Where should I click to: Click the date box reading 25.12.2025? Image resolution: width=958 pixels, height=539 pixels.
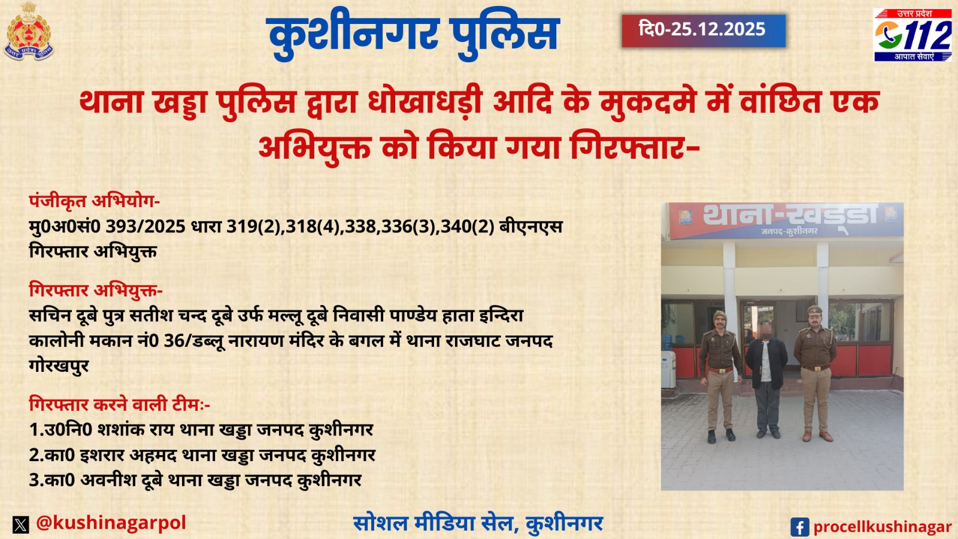703,31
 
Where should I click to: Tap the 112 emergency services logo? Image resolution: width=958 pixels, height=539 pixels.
912,35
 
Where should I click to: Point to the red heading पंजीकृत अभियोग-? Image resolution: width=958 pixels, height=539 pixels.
94,201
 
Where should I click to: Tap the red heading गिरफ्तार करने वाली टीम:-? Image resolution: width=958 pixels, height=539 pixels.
119,404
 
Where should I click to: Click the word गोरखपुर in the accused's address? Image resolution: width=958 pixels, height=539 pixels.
59,365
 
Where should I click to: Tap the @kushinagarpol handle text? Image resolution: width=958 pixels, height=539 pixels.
111,523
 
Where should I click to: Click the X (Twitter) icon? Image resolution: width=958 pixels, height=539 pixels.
21,525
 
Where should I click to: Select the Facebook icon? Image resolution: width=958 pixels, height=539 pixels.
799,527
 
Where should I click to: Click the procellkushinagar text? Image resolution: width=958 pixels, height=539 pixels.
882,527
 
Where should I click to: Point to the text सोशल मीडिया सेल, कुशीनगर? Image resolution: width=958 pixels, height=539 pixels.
478,523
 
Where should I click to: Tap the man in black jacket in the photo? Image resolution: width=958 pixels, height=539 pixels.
766,377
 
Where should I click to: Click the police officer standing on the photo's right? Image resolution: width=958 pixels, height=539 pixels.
815,371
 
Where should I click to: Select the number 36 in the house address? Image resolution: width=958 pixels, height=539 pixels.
174,341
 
